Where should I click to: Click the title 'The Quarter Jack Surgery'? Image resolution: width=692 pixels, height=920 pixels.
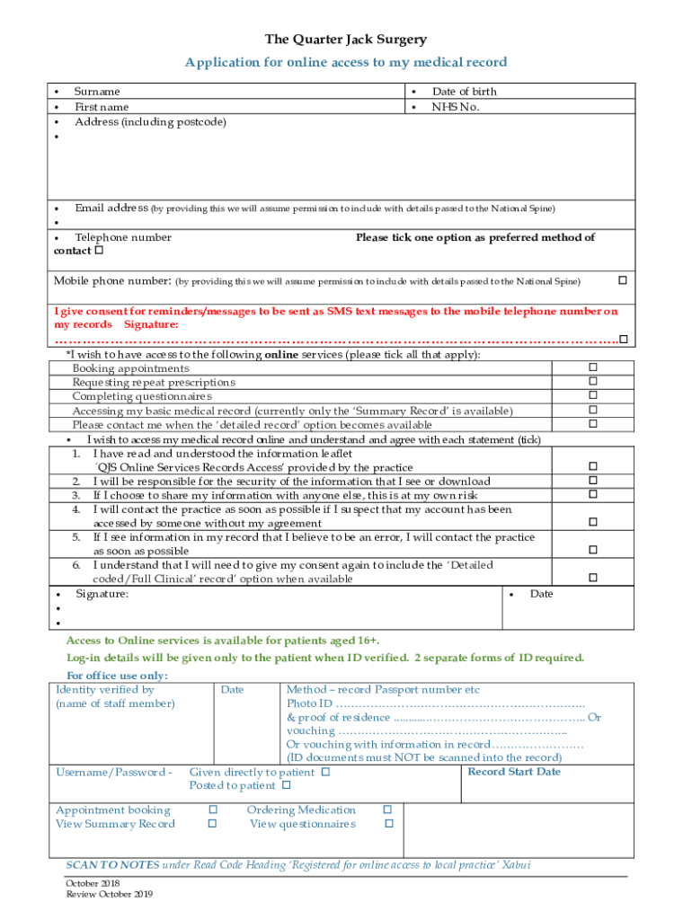coord(346,40)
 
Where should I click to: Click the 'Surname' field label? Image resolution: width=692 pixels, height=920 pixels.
coord(97,92)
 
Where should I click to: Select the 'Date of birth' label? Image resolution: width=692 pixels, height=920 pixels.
coord(464,92)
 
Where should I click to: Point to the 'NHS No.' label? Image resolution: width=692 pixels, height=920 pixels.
coord(456,107)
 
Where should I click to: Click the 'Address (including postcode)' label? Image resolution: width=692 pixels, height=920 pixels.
coord(150,122)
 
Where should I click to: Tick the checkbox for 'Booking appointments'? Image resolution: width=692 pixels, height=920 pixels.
coord(592,367)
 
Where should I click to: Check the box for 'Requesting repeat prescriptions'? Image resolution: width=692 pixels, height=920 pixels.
coord(592,382)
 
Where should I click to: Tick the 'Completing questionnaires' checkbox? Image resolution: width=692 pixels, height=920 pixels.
coord(592,396)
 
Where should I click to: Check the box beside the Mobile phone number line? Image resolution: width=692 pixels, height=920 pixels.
coord(621,281)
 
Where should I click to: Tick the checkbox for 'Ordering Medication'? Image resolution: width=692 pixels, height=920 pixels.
coord(388,810)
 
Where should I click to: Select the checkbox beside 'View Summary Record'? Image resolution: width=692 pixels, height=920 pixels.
coord(213,824)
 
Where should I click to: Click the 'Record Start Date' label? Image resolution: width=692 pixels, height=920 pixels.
coord(514,772)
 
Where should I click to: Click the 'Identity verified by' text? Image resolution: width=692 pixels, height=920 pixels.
coord(105,690)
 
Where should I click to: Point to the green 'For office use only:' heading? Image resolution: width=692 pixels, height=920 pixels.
coord(117,676)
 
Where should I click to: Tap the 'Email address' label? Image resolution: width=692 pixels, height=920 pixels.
coord(111,208)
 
